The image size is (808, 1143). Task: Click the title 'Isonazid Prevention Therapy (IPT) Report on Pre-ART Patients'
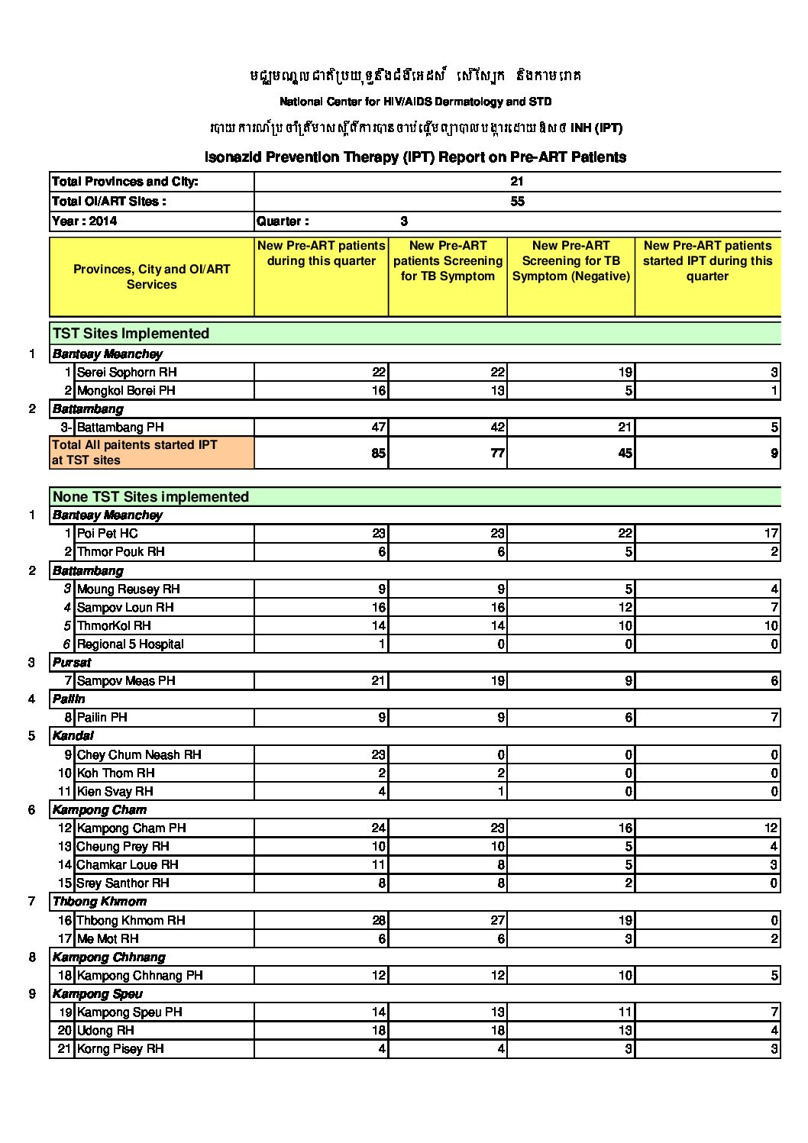(x=415, y=157)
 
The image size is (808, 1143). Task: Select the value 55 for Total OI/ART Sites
(x=517, y=202)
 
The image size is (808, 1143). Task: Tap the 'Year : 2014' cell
(x=85, y=221)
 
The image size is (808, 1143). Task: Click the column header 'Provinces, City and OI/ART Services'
(x=151, y=277)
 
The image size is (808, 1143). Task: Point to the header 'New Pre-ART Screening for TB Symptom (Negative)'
(x=570, y=261)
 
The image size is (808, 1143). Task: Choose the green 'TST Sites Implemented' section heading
(x=131, y=334)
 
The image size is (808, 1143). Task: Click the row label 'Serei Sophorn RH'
(x=127, y=373)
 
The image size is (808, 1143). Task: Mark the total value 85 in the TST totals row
(x=378, y=453)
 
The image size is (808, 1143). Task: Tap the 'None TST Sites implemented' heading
(x=150, y=497)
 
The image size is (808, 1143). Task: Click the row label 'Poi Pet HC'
(x=107, y=534)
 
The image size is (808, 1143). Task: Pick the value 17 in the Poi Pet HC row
(x=771, y=534)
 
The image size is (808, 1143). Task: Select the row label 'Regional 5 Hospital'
(x=130, y=644)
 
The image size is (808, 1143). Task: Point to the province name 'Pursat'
(x=72, y=663)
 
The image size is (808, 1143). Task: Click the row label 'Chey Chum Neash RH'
(x=139, y=755)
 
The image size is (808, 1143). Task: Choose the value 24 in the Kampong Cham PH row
(x=378, y=828)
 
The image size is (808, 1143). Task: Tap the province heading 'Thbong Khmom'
(x=99, y=902)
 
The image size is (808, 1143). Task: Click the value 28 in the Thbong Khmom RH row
(x=378, y=921)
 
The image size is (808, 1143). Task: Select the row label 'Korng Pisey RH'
(x=120, y=1049)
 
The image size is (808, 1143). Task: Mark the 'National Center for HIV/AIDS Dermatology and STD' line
(x=415, y=102)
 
